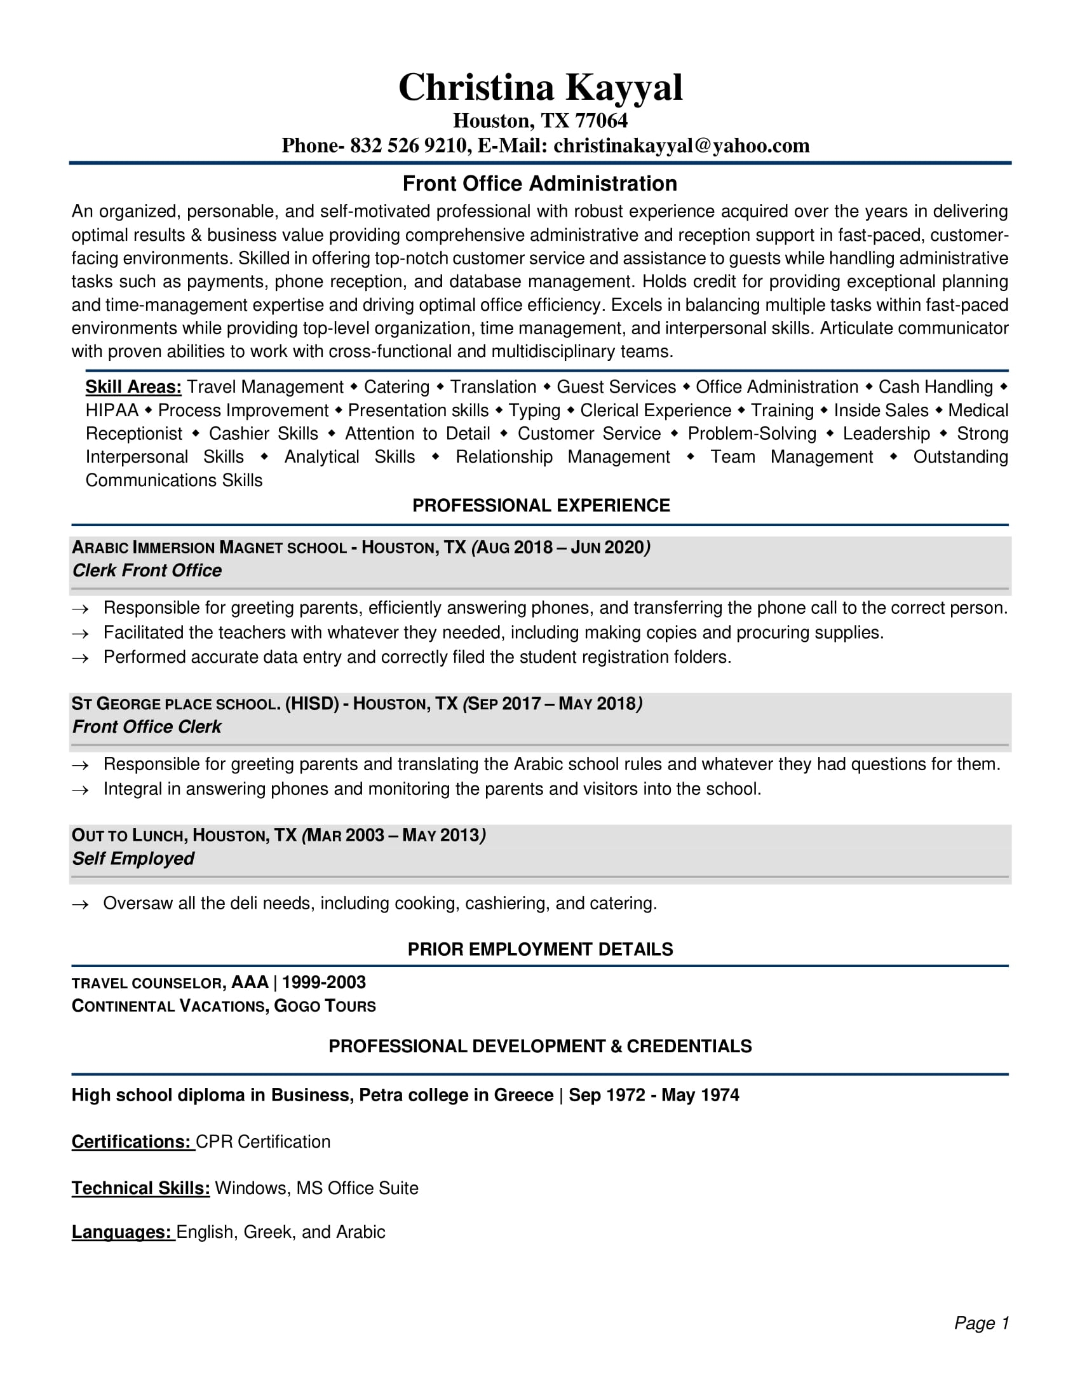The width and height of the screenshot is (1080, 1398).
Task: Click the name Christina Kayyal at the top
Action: [x=540, y=87]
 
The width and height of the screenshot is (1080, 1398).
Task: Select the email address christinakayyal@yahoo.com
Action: [x=682, y=146]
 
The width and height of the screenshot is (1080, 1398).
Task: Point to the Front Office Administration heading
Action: [x=539, y=184]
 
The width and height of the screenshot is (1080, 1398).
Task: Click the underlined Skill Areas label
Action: [x=133, y=387]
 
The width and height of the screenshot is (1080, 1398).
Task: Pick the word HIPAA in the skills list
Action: [x=112, y=411]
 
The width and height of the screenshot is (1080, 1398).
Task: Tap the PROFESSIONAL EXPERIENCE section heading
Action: [x=541, y=506]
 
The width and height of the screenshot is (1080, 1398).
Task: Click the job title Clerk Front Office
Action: [x=147, y=571]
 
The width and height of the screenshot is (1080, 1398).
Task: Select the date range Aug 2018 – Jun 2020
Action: [x=560, y=547]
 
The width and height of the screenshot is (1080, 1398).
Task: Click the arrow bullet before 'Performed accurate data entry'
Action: [x=80, y=658]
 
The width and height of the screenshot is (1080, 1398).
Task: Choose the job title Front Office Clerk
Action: [x=147, y=726]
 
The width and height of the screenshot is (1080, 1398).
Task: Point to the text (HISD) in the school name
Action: [x=311, y=703]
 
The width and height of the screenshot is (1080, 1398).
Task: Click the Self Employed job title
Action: [x=133, y=858]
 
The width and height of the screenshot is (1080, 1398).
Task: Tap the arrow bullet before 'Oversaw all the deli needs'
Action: [x=80, y=904]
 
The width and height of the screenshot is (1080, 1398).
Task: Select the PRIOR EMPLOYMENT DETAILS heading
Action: [x=540, y=949]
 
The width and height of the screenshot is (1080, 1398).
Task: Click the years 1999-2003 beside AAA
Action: [x=324, y=982]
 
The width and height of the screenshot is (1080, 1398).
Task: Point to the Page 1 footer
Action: [x=981, y=1323]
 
